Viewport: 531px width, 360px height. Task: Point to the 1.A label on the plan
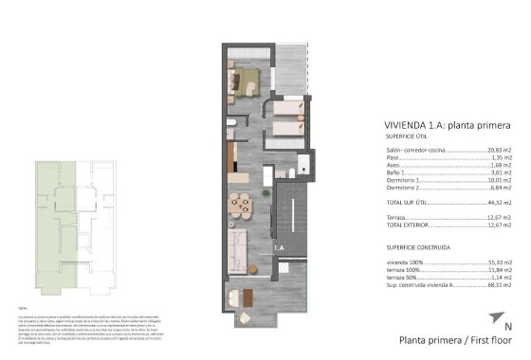click(280, 247)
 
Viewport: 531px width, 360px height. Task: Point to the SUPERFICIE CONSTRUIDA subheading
click(418, 247)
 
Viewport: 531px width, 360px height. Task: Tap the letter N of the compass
click(508, 327)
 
